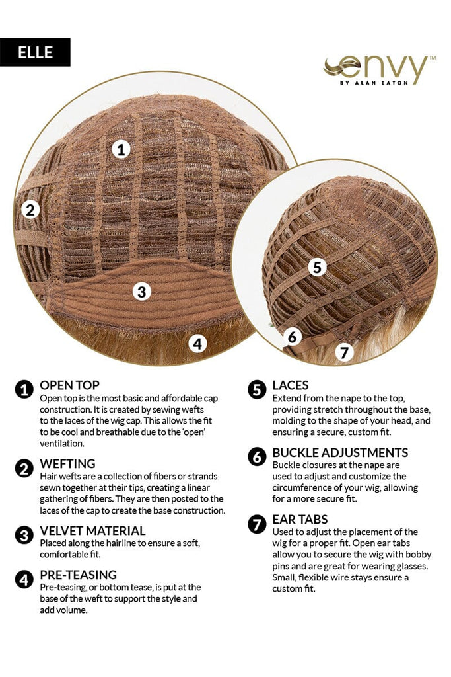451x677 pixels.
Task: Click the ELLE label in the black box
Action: click(35, 52)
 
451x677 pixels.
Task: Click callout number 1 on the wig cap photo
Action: click(120, 149)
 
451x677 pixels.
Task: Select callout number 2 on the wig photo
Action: click(30, 210)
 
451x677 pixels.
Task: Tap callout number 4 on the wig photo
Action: click(197, 343)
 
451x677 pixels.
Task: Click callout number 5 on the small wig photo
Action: click(318, 267)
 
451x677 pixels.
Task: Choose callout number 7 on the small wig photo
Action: click(343, 352)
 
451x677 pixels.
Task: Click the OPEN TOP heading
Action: click(69, 385)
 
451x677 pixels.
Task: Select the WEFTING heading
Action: click(67, 463)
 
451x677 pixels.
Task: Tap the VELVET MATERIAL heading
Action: click(92, 530)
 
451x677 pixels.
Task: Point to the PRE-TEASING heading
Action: click(78, 575)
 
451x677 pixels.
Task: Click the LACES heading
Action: click(290, 385)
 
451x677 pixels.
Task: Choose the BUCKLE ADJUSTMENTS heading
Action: click(340, 452)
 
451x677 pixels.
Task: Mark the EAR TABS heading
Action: click(300, 519)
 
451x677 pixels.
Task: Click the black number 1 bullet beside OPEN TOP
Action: click(24, 390)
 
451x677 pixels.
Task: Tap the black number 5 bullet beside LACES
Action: click(257, 390)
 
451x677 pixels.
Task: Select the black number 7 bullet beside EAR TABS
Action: click(257, 524)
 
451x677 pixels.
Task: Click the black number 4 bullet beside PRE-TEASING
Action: click(24, 580)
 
